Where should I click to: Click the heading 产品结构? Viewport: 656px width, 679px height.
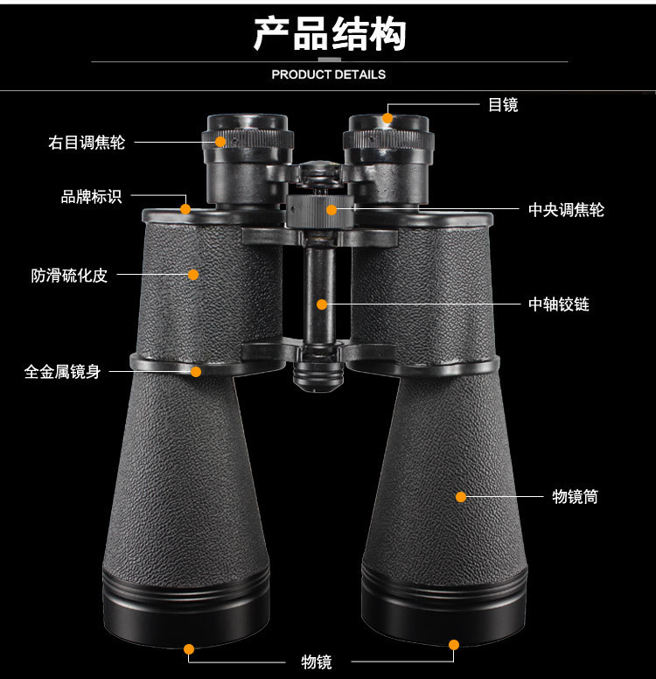tap(329, 34)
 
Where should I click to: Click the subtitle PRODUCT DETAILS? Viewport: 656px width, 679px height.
tap(328, 74)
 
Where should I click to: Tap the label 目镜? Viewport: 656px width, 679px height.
tap(503, 105)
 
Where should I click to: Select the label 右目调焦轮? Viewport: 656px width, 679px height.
tap(87, 142)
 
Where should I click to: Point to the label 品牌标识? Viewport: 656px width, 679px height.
tap(91, 197)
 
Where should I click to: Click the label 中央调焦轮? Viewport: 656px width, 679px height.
tap(566, 210)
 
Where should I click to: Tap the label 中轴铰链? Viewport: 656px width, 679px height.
tap(559, 304)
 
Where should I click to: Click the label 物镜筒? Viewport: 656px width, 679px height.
tap(576, 497)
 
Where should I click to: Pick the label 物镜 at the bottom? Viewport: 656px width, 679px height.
tap(317, 661)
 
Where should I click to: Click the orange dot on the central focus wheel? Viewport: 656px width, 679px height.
tap(331, 209)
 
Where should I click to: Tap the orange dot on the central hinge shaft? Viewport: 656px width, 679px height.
tap(322, 304)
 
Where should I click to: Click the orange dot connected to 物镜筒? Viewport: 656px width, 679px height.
tap(461, 497)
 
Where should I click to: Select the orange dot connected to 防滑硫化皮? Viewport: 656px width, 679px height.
tap(193, 275)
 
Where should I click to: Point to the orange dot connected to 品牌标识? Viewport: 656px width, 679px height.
tap(185, 208)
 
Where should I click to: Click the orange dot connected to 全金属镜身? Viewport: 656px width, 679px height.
tap(196, 372)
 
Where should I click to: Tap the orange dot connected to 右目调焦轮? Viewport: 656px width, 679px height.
tap(222, 141)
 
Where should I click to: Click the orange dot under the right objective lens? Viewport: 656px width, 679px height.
tap(453, 645)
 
